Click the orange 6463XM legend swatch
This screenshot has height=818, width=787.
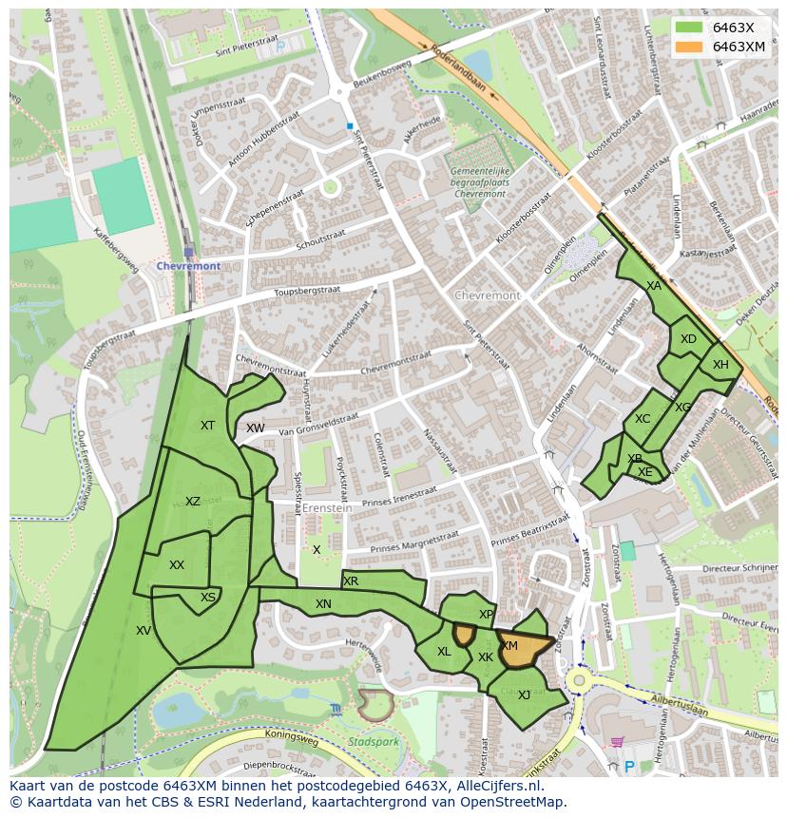691,47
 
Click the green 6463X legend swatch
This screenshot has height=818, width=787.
691,28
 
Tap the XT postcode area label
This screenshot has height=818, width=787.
207,426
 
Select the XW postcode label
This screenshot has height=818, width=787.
255,428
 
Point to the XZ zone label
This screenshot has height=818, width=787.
193,502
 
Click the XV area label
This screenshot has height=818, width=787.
144,630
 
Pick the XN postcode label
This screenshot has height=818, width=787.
323,604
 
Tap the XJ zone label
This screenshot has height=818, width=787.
524,694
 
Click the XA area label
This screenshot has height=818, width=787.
653,286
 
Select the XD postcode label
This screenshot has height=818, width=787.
688,339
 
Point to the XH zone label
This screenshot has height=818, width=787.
720,365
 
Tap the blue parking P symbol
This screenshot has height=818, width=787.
628,766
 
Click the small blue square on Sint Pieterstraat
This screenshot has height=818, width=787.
350,125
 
